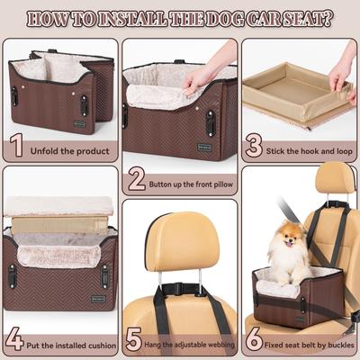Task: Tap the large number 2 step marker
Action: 136,178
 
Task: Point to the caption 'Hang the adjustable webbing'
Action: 189,344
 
